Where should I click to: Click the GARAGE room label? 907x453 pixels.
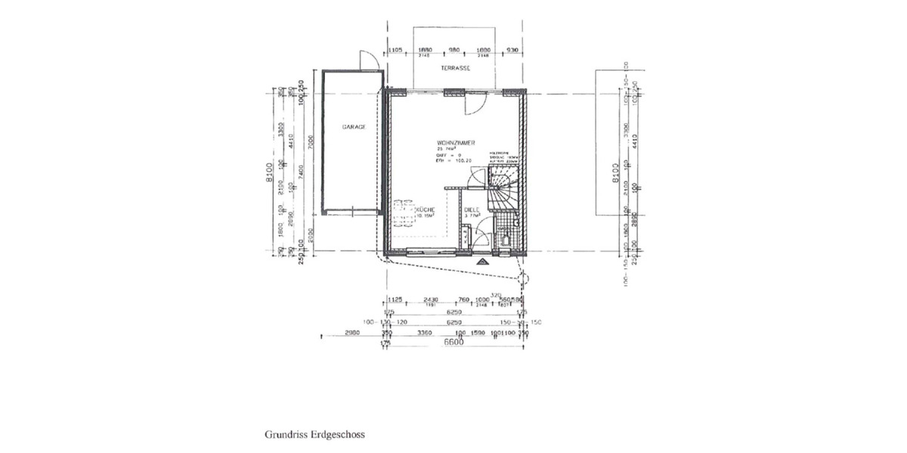354,128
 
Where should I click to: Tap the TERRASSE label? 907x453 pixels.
456,68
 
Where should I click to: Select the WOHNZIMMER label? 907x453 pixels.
455,142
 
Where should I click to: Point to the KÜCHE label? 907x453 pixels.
425,209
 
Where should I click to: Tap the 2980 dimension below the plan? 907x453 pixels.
351,332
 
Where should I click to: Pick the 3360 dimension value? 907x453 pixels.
421,332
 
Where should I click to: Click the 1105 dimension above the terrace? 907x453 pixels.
395,50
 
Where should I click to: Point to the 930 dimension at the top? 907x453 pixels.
512,50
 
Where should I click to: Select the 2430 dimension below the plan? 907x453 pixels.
431,300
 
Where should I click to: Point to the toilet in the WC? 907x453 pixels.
505,241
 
